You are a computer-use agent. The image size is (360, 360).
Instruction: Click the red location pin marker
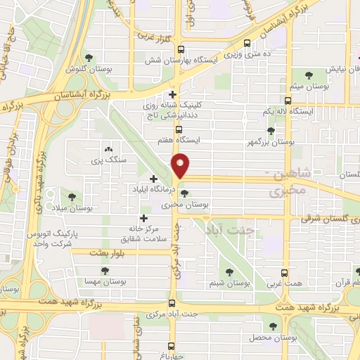(x=181, y=165)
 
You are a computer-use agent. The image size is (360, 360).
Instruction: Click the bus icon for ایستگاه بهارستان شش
(x=181, y=50)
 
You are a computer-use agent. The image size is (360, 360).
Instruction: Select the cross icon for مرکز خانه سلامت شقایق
(x=145, y=218)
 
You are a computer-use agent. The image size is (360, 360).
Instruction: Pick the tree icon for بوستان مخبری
(x=184, y=194)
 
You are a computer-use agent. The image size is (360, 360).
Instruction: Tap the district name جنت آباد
(x=227, y=229)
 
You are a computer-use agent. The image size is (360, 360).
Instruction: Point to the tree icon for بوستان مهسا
(x=104, y=269)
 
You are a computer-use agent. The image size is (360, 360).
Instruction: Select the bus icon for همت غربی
(x=284, y=273)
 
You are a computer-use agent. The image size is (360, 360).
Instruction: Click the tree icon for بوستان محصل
(x=273, y=326)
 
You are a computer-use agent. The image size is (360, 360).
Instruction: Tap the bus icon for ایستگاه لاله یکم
(x=287, y=101)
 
